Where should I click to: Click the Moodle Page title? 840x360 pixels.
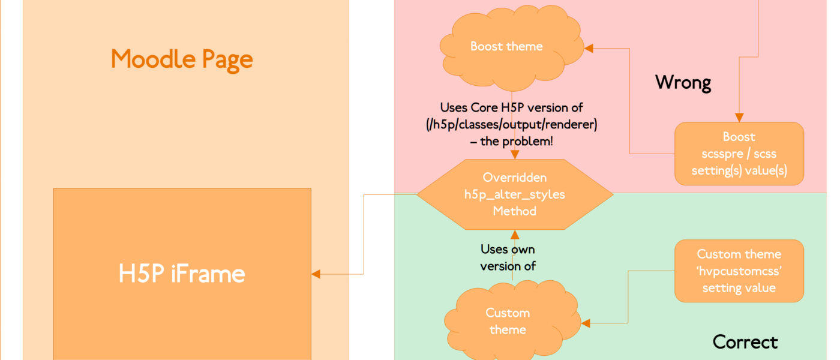click(x=182, y=59)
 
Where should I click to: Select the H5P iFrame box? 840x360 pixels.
click(x=182, y=274)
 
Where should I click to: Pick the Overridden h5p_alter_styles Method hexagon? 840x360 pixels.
click(x=514, y=194)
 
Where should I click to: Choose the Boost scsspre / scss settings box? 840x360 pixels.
click(x=739, y=154)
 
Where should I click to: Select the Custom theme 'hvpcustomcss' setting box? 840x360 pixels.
click(x=739, y=271)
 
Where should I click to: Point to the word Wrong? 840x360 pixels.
click(x=683, y=82)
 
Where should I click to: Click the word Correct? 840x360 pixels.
click(x=745, y=342)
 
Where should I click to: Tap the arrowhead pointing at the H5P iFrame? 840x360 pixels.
click(x=316, y=274)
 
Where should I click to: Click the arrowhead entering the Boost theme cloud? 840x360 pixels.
click(x=589, y=48)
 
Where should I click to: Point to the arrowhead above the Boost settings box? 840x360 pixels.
click(x=739, y=118)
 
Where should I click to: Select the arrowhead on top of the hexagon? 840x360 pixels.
click(x=514, y=155)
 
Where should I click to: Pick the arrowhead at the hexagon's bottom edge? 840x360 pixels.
click(x=514, y=234)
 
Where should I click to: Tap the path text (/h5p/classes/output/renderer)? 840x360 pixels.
click(x=511, y=124)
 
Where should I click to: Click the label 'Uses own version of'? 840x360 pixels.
click(x=508, y=257)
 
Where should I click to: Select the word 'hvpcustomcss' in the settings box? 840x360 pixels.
click(x=739, y=271)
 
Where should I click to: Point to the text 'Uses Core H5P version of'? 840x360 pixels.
click(x=511, y=108)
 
